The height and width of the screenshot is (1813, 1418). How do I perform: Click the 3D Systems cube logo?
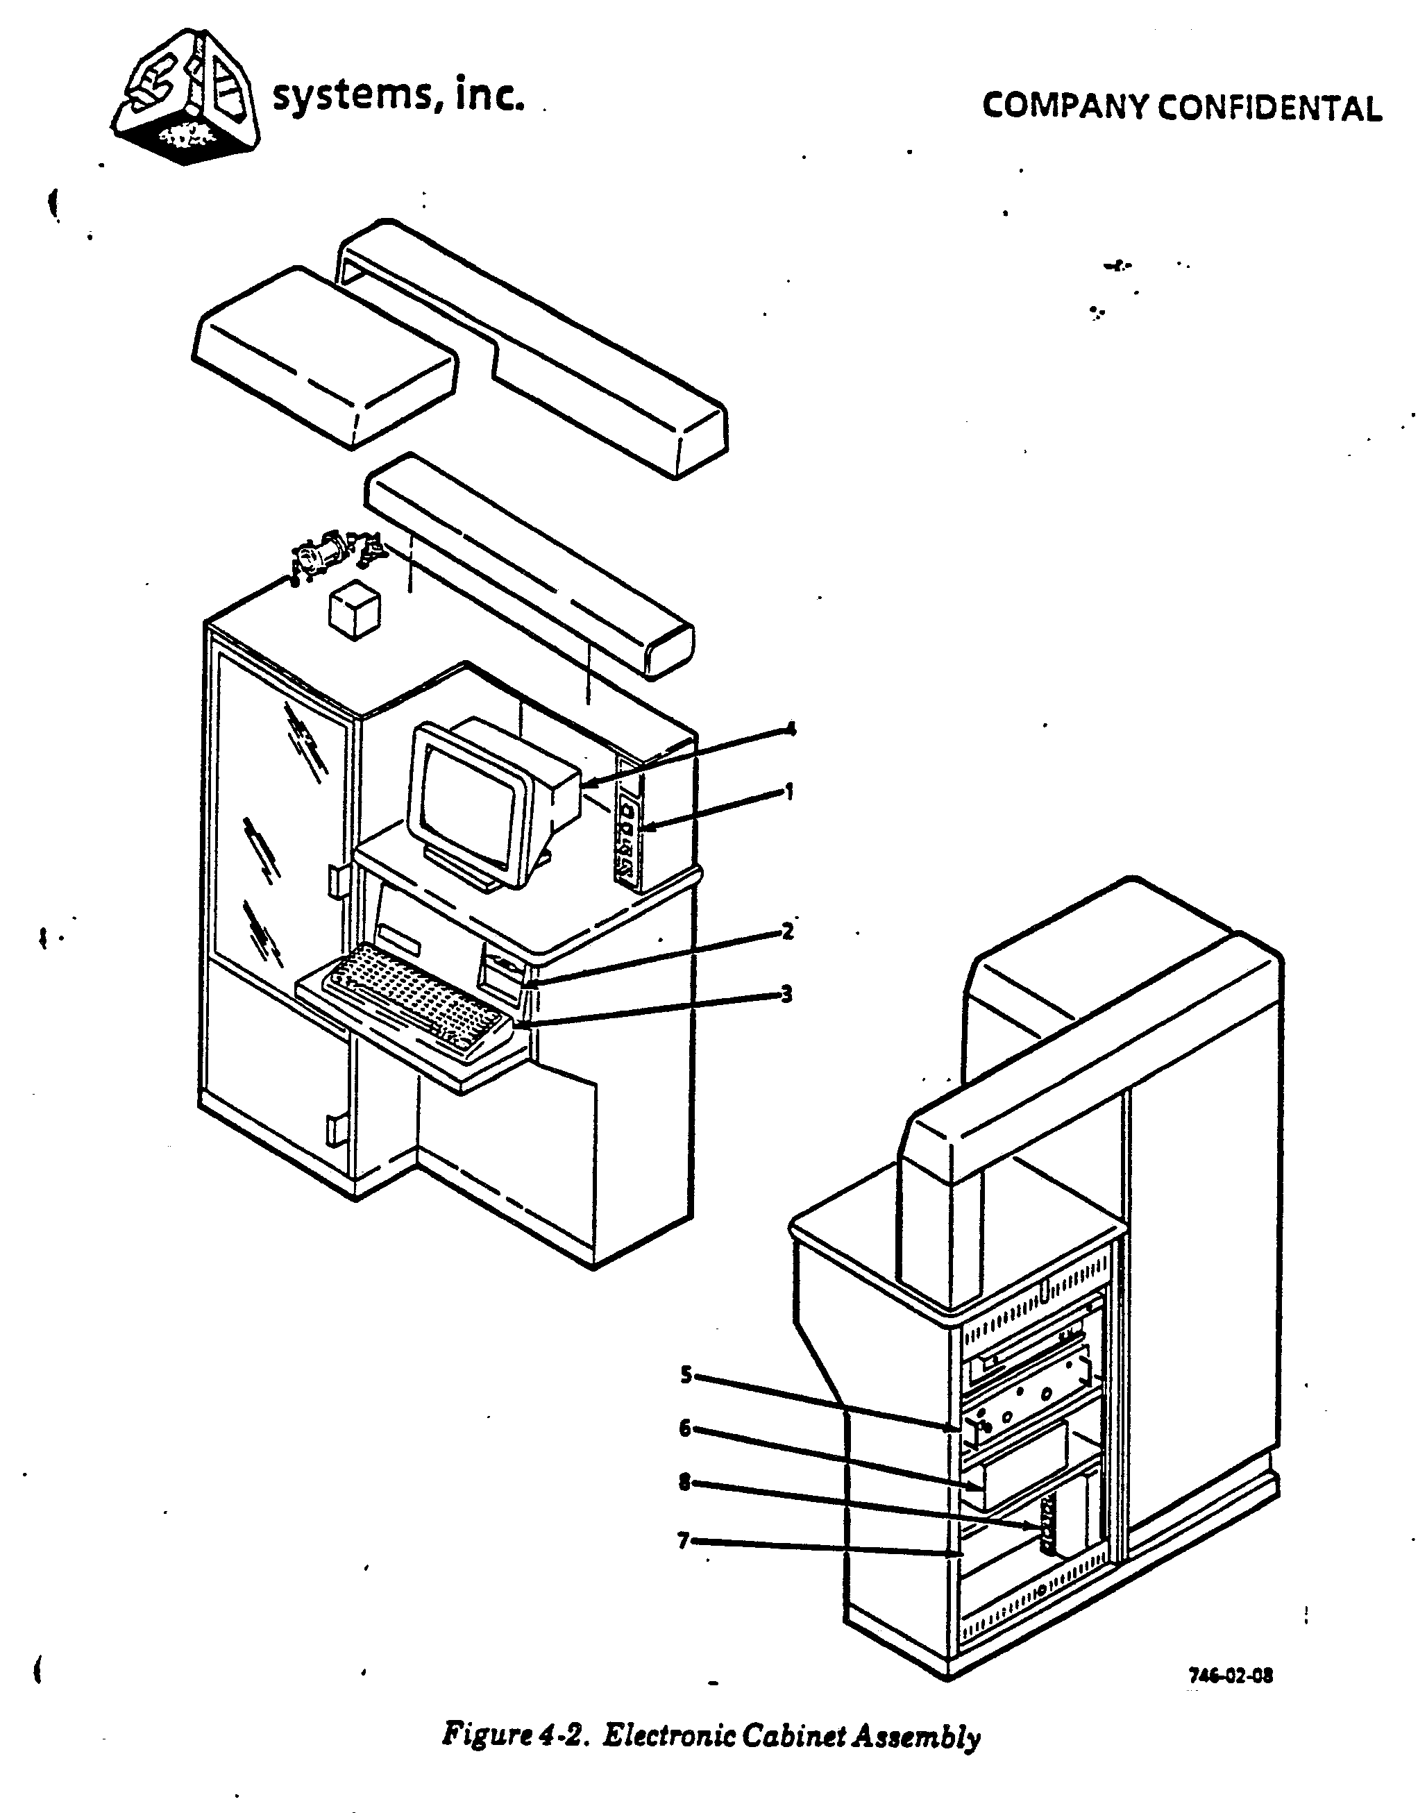(187, 98)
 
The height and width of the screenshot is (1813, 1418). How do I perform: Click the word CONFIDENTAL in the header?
(1269, 108)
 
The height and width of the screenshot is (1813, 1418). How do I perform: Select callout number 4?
(791, 729)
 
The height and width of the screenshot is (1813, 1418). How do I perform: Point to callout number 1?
(790, 792)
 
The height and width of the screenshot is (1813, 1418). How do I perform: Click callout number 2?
(788, 931)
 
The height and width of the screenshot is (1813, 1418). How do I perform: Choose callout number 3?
(786, 994)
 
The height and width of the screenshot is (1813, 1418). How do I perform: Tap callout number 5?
(686, 1375)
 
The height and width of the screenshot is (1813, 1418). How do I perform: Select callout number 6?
(685, 1428)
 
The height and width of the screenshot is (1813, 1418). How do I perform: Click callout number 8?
(685, 1482)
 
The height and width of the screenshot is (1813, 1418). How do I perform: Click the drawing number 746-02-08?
(1231, 1674)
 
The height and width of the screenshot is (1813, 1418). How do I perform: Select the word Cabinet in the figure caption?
(793, 1736)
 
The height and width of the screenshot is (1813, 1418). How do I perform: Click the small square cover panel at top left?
(323, 357)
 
